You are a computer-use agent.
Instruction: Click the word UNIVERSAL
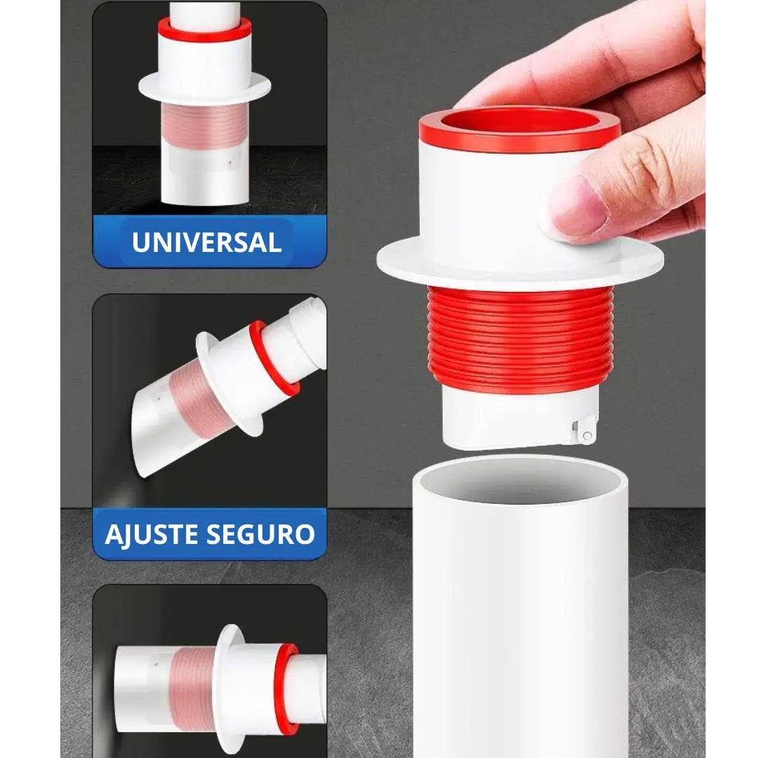pyautogui.click(x=206, y=242)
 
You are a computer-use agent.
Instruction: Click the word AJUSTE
pyautogui.click(x=152, y=535)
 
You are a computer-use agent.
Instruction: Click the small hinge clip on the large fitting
pyautogui.click(x=584, y=430)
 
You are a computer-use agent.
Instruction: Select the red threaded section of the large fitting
pyautogui.click(x=520, y=338)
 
